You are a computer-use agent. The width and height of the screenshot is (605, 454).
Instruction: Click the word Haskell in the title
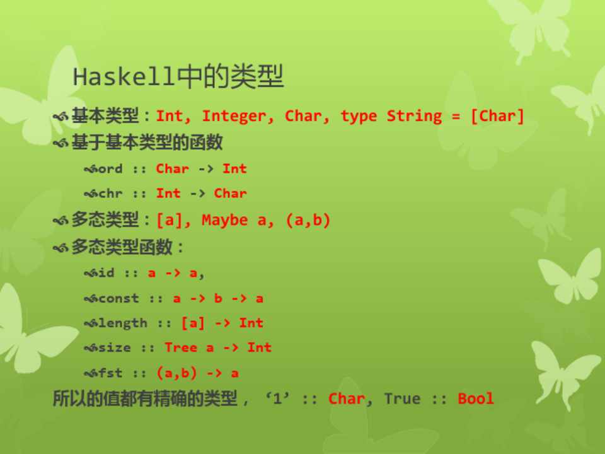point(123,76)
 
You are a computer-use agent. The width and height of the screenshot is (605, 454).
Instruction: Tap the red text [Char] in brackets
point(497,116)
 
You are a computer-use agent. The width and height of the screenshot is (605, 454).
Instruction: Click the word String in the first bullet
point(414,116)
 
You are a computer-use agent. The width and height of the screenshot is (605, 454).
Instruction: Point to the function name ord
point(110,169)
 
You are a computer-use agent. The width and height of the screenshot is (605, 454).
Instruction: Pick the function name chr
point(110,193)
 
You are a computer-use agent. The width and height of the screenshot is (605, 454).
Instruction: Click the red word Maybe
point(224,220)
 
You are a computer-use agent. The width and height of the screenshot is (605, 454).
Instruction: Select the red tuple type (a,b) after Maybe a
point(308,220)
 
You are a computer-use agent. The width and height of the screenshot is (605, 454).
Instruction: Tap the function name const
point(118,298)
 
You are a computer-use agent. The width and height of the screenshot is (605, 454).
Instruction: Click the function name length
point(123,323)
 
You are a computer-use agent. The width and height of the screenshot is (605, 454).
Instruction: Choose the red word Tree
point(181,347)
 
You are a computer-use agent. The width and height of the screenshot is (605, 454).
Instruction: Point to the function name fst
point(110,373)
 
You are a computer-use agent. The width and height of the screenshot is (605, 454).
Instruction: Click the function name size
point(115,347)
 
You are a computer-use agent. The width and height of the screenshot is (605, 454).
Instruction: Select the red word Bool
point(475,399)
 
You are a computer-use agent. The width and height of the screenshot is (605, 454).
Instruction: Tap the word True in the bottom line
point(402,399)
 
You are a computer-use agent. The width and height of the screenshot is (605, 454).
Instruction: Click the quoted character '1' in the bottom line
point(277,398)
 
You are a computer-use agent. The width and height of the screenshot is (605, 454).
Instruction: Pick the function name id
point(107,273)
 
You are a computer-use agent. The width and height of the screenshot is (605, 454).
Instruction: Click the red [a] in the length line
point(193,323)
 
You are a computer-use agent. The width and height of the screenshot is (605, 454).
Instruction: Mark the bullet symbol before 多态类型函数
point(60,247)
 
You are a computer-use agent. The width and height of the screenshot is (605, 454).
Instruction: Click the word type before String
point(359,117)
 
